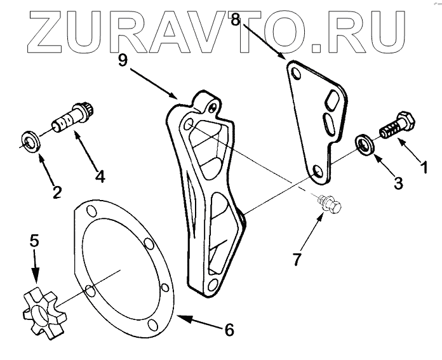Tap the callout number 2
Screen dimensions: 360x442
click(57, 190)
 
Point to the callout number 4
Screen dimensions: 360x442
click(100, 176)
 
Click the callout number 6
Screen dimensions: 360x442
click(229, 330)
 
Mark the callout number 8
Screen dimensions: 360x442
click(236, 20)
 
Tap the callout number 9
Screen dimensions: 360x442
click(124, 60)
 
